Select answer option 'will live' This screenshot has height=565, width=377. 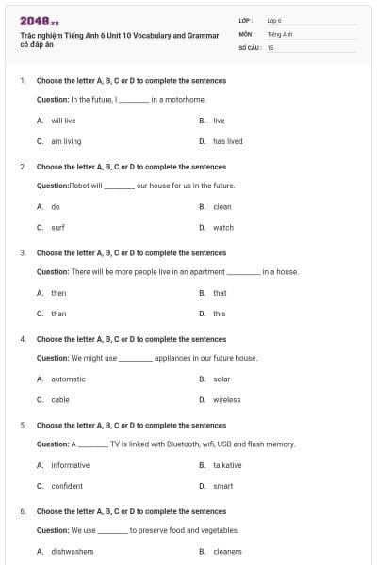coord(63,121)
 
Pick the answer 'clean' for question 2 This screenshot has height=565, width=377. coord(222,206)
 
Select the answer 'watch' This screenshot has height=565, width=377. coord(223,227)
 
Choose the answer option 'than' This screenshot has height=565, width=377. coord(58,314)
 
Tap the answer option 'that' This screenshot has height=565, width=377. coord(220,293)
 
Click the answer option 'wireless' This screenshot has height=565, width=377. coord(226,399)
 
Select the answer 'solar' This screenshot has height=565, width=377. coord(221,379)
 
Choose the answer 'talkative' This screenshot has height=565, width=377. coord(227,465)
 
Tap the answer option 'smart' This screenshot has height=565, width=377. coord(222,486)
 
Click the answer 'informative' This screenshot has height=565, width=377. coord(71,465)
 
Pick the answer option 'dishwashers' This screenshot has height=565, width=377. coord(72,551)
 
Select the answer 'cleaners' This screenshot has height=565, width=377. coord(227,551)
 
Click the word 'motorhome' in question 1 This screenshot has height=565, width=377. coord(188,99)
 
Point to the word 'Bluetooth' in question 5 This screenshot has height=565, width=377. coord(174,444)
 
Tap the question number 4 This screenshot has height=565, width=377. coord(23,339)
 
